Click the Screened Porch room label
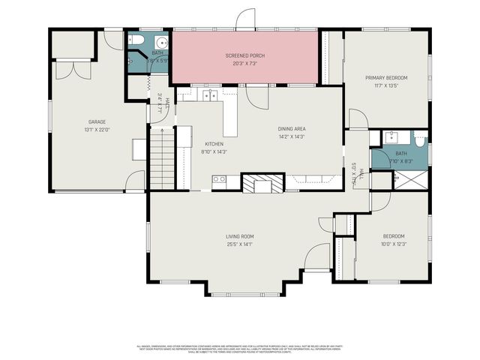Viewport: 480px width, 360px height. pyautogui.click(x=245, y=56)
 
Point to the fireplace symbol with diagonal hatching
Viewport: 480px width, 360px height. pyautogui.click(x=263, y=184)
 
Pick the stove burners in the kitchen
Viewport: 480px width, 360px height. pyautogui.click(x=219, y=179)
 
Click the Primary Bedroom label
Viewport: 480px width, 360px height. pyautogui.click(x=385, y=77)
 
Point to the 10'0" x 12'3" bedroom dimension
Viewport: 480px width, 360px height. pyautogui.click(x=393, y=244)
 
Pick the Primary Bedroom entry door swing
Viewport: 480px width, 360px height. pyautogui.click(x=357, y=120)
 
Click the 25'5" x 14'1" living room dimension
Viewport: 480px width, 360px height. pyautogui.click(x=240, y=244)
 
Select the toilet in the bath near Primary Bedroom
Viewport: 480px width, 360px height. pyautogui.click(x=419, y=139)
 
